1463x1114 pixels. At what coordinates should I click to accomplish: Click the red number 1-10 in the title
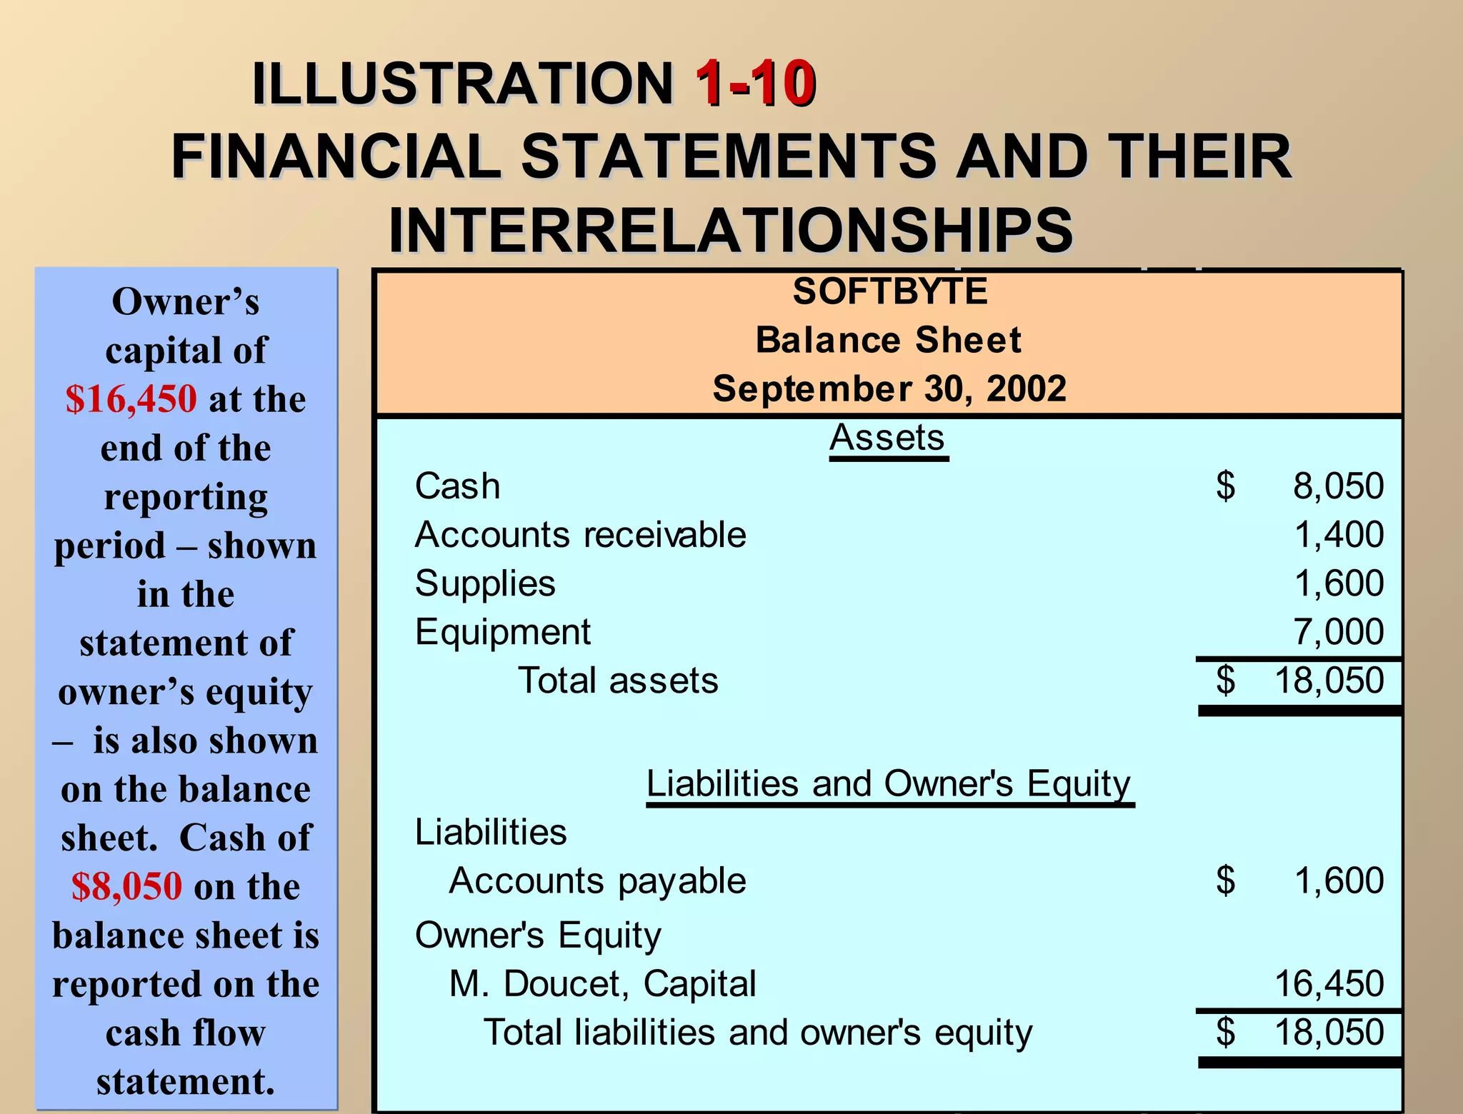pyautogui.click(x=755, y=84)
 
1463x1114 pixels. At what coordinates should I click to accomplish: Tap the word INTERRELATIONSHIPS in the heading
pyautogui.click(x=730, y=230)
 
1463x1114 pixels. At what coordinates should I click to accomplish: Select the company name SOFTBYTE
pyautogui.click(x=890, y=291)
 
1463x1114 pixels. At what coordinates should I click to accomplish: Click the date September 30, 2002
pyautogui.click(x=889, y=388)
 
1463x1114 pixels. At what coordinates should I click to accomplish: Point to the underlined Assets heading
pyautogui.click(x=888, y=438)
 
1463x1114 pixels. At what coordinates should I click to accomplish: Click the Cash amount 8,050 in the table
pyautogui.click(x=1338, y=486)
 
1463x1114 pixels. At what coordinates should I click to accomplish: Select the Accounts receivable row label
pyautogui.click(x=580, y=535)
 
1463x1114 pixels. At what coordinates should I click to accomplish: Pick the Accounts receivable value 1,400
pyautogui.click(x=1339, y=535)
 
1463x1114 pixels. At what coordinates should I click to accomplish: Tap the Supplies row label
pyautogui.click(x=485, y=583)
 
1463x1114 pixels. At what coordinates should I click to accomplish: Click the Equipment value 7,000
pyautogui.click(x=1338, y=632)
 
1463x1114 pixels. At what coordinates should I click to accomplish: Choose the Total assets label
pyautogui.click(x=618, y=681)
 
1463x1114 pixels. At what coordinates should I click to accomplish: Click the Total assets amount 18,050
pyautogui.click(x=1329, y=681)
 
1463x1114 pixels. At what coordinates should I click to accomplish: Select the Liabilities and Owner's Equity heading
pyautogui.click(x=889, y=784)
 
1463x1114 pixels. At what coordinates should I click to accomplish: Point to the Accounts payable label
pyautogui.click(x=597, y=880)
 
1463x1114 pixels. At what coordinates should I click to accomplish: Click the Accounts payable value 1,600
pyautogui.click(x=1339, y=880)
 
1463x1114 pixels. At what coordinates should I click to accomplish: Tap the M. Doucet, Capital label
pyautogui.click(x=602, y=984)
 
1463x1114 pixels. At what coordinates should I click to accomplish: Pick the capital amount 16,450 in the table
pyautogui.click(x=1329, y=984)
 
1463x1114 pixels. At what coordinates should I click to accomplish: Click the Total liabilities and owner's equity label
pyautogui.click(x=758, y=1033)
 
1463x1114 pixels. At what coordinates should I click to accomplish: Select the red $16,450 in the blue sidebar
pyautogui.click(x=131, y=399)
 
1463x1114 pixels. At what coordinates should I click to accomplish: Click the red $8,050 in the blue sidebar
pyautogui.click(x=126, y=887)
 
